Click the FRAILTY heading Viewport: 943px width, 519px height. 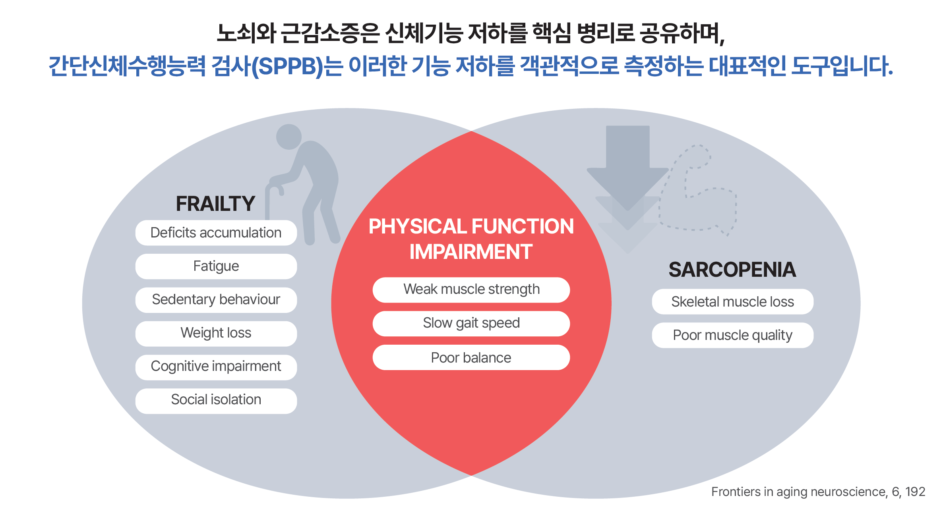(215, 204)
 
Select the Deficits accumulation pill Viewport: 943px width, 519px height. (216, 233)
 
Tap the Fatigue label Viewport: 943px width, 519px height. (216, 266)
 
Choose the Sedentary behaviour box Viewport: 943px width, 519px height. (216, 300)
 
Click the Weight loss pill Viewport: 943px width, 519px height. (216, 333)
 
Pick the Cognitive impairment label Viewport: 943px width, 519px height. (216, 367)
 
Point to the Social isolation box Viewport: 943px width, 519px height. (216, 400)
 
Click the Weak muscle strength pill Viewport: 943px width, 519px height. (471, 289)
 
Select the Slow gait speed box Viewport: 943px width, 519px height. (471, 323)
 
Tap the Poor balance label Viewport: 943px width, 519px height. (471, 358)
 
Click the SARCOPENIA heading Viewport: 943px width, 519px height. (732, 270)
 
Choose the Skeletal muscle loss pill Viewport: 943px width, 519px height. (732, 302)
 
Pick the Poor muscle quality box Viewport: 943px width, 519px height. (732, 336)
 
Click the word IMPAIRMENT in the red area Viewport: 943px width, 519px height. (471, 252)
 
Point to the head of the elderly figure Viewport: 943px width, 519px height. (289, 137)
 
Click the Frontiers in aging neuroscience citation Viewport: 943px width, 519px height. (818, 492)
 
